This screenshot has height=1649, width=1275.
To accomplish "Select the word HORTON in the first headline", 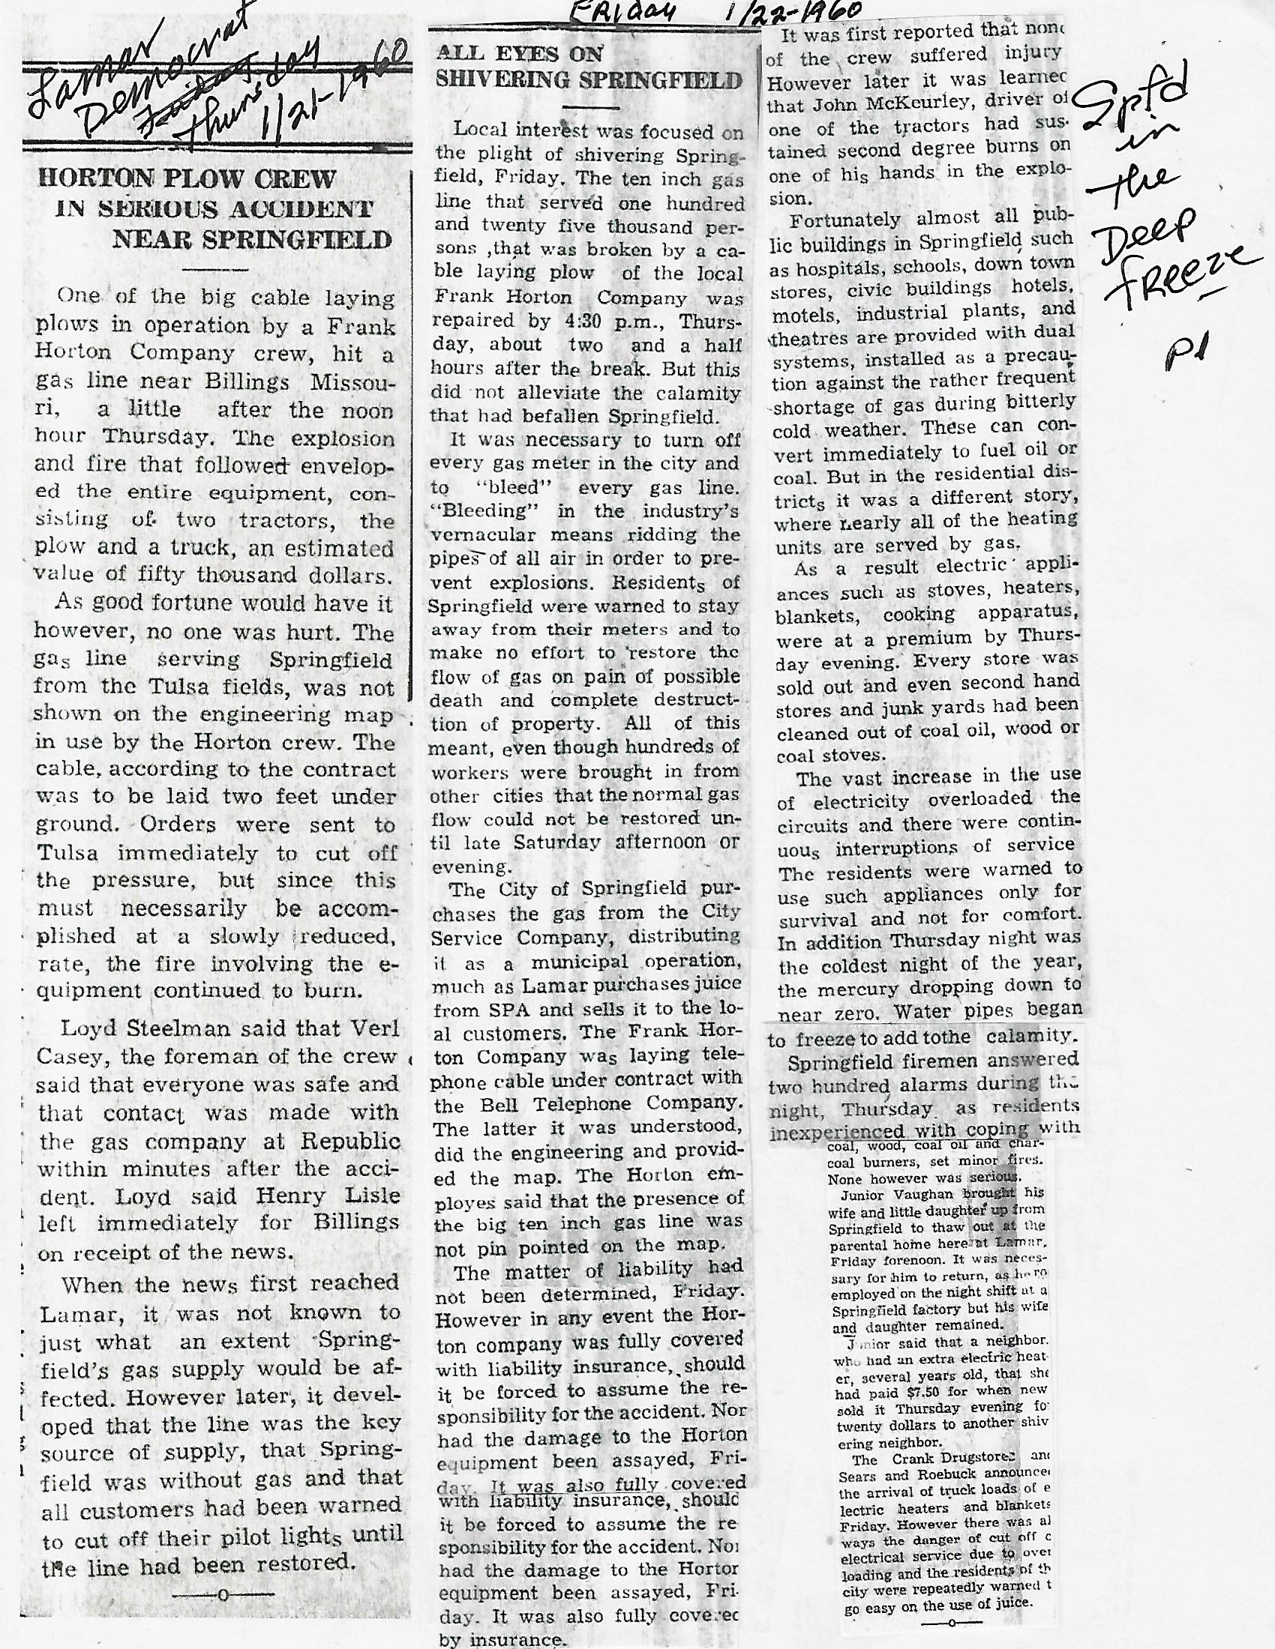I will click(x=94, y=179).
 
